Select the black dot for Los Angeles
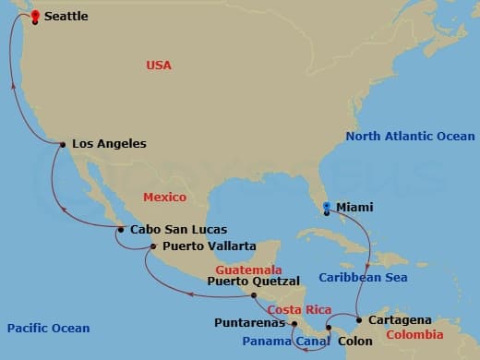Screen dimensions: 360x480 [x=62, y=144]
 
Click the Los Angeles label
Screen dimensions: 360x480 [x=109, y=144]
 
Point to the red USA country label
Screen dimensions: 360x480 [x=159, y=66]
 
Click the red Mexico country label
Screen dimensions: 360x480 [x=164, y=197]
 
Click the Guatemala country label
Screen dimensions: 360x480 [x=248, y=270]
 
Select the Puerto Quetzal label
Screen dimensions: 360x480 [x=254, y=281]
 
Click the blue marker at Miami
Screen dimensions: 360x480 [x=327, y=207]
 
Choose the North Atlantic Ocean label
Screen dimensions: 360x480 [x=410, y=137]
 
